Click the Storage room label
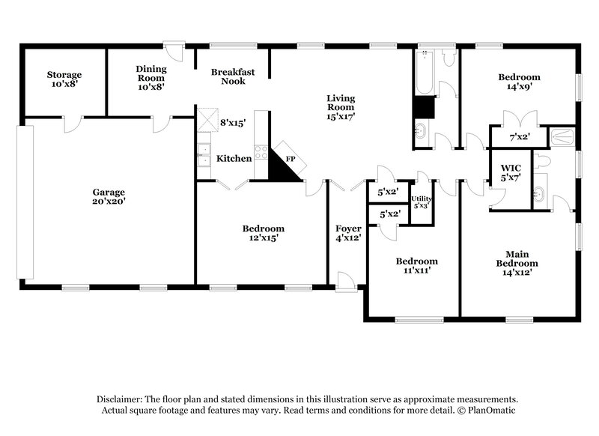[x=64, y=80]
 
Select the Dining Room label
[x=150, y=77]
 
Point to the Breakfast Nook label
[x=233, y=76]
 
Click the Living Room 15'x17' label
[x=341, y=107]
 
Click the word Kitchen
[x=234, y=159]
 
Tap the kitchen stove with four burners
[x=261, y=151]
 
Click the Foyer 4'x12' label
[x=348, y=233]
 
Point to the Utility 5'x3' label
[x=422, y=202]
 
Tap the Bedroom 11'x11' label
[x=416, y=266]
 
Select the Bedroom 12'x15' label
[x=263, y=233]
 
